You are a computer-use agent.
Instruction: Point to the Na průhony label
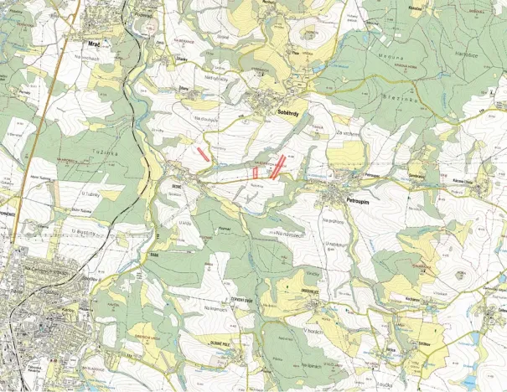coord(334,219)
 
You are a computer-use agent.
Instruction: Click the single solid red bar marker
coord(203,152)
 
